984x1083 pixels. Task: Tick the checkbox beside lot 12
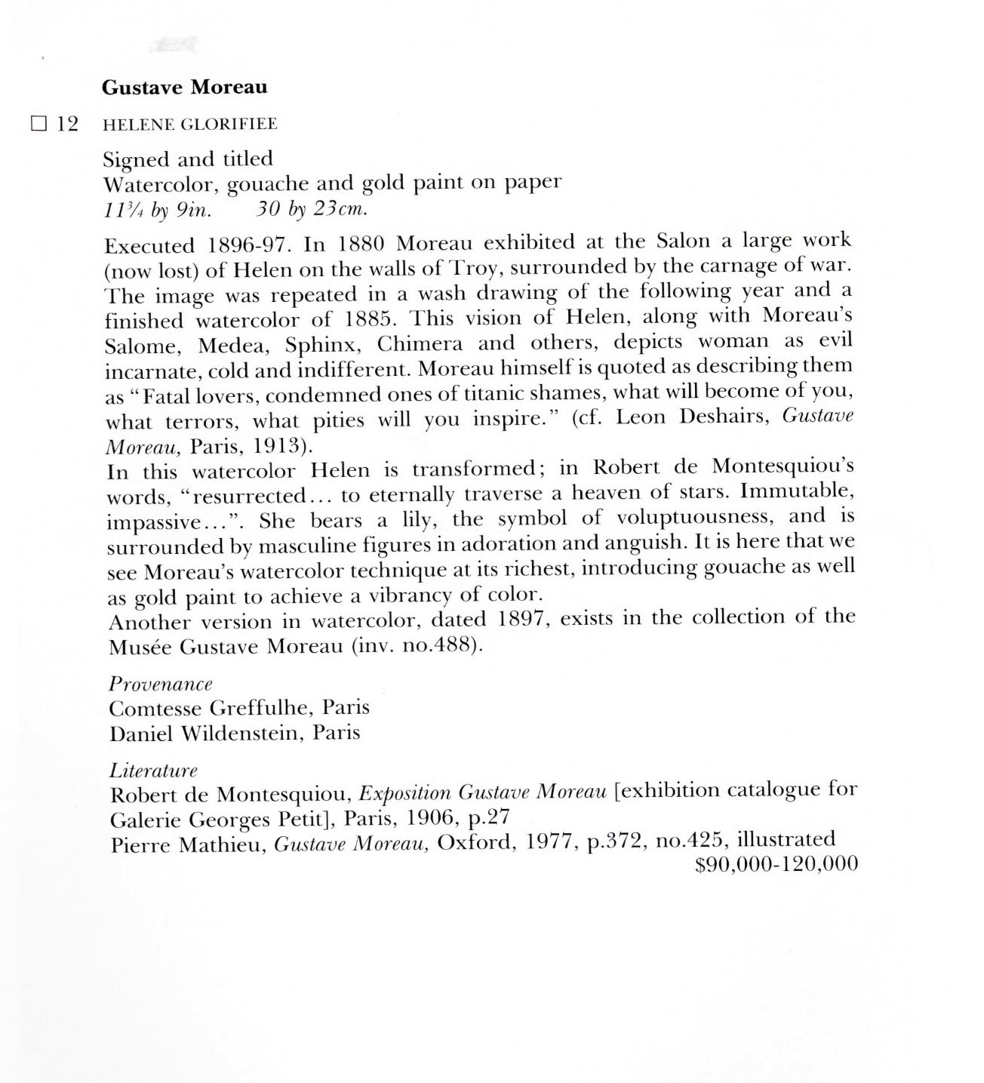(39, 124)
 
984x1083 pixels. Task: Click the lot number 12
(67, 124)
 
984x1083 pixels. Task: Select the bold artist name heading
(184, 88)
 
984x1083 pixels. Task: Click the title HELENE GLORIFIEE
(189, 125)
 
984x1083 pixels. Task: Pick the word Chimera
(420, 344)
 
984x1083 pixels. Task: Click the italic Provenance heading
(161, 684)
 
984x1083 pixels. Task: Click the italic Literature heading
(153, 771)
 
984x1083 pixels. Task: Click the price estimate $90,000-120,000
(776, 864)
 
